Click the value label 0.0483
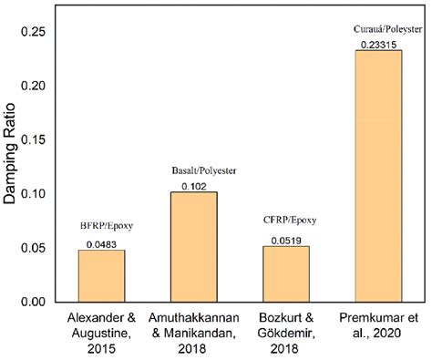[101, 243]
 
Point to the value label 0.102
[192, 186]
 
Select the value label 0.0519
[285, 240]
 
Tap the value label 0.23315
[377, 44]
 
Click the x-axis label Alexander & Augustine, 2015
[101, 333]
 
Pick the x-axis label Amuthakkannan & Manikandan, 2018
[192, 333]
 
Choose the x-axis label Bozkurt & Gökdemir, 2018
[285, 333]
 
